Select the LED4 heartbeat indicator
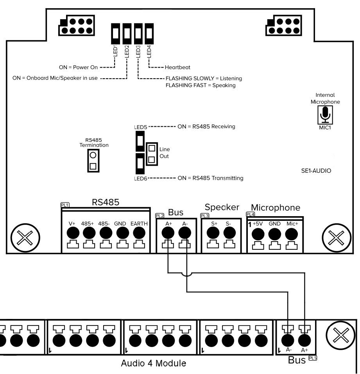(149, 35)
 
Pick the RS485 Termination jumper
(93, 161)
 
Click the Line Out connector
(151, 154)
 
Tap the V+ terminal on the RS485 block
(72, 234)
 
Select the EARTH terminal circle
(138, 234)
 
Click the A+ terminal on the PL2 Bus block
(168, 234)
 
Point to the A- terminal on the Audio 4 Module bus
(288, 338)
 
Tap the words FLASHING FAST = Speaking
(201, 85)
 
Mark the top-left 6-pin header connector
(77, 26)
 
